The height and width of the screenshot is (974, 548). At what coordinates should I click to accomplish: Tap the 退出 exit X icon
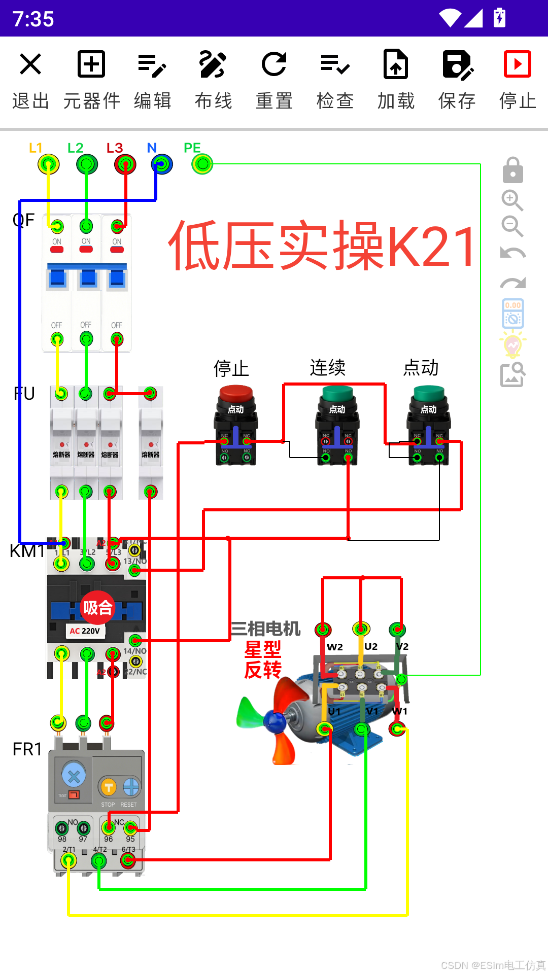click(30, 64)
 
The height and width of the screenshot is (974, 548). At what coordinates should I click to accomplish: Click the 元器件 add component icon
click(91, 64)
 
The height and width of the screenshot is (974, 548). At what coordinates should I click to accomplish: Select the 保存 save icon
click(457, 65)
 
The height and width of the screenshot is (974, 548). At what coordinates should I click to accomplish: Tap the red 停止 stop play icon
click(517, 64)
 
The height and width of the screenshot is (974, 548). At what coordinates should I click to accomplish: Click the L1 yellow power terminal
click(49, 164)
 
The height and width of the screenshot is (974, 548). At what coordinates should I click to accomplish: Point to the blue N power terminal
click(162, 164)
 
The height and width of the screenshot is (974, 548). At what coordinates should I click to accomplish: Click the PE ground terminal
click(202, 164)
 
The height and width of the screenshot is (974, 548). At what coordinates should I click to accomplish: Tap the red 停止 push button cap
click(236, 393)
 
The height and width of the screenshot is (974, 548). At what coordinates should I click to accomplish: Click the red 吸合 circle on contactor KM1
click(97, 607)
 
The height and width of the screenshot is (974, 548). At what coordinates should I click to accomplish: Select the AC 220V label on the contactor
click(85, 631)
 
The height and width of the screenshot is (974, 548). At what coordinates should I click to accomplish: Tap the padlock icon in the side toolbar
click(512, 170)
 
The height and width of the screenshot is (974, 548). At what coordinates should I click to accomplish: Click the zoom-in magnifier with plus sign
click(512, 200)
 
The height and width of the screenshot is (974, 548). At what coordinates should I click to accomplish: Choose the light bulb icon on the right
click(512, 345)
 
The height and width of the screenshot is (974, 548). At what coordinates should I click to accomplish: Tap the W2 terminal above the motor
click(323, 630)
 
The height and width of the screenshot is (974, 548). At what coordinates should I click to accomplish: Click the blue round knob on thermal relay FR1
click(74, 775)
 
